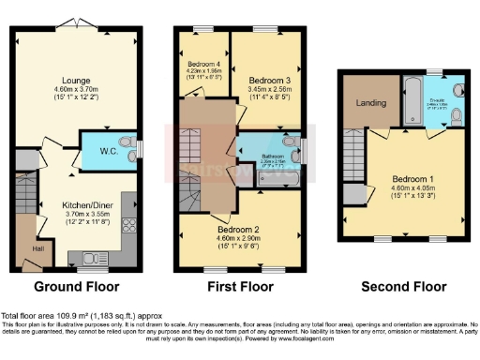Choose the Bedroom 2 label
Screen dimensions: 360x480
coord(243,228)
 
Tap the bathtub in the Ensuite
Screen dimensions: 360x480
coord(413,101)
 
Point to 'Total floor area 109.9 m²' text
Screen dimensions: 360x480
coord(42,316)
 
